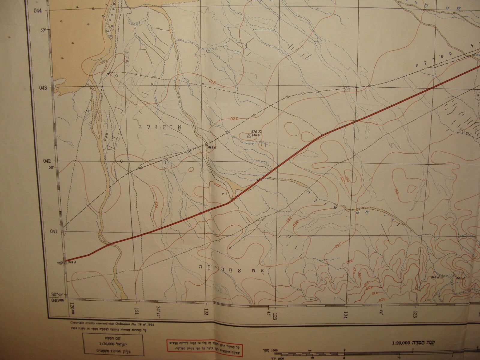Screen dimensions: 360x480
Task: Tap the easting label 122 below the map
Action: click(x=206, y=313)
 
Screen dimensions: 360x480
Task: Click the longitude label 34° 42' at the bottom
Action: click(x=158, y=310)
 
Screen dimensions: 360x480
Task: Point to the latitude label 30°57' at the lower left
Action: click(x=58, y=294)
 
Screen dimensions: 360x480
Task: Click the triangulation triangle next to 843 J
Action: click(x=206, y=144)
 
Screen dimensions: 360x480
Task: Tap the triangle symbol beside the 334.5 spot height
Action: click(x=248, y=136)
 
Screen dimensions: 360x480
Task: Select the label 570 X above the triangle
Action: click(x=256, y=131)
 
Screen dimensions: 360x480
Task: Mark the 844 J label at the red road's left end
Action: click(x=71, y=262)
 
